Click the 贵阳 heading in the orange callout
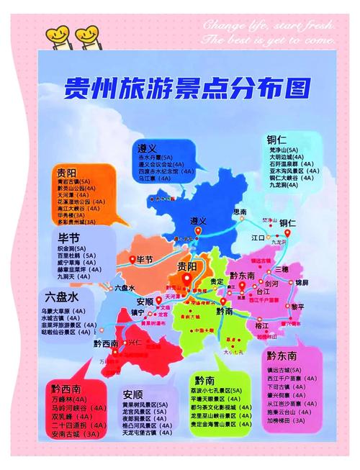pos(71,172)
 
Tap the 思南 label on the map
pos(241,212)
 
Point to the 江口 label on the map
pos(258,235)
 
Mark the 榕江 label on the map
pos(261,325)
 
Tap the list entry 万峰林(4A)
pos(70,399)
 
